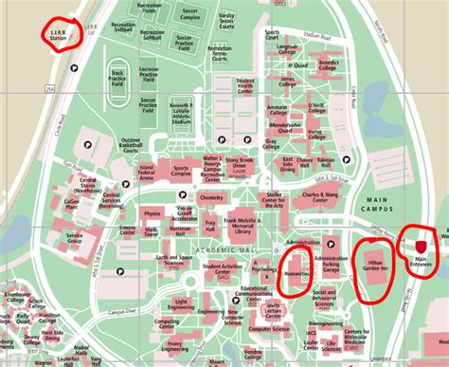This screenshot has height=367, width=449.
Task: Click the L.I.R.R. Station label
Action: tap(61, 34)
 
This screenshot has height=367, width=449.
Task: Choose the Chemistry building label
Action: tap(211, 197)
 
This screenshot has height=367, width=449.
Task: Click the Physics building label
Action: tap(152, 214)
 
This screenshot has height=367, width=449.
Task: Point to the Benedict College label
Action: tap(328, 67)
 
